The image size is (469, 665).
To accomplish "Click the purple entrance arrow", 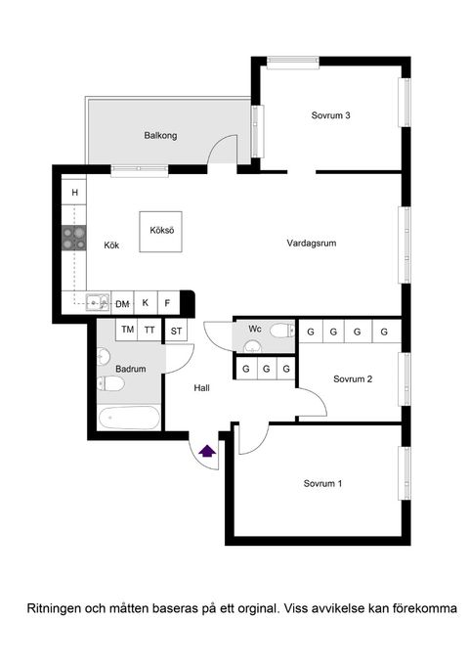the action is pos(207,451).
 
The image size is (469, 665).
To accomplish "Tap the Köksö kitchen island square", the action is pos(161,232).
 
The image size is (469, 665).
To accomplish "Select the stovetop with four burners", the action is pos(73,238).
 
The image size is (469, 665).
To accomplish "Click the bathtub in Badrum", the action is pos(129,418).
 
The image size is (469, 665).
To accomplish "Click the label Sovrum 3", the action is pos(330,115).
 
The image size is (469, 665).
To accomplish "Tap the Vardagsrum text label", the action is pos(312,243).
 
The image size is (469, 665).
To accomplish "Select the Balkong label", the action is pos(160,135).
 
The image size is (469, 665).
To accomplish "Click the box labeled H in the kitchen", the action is pos(74,192).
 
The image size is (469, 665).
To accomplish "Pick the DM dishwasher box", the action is pos(122,303).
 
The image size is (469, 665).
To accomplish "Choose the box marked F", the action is pos(169,303).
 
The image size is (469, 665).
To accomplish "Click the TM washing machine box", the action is pos(127,330).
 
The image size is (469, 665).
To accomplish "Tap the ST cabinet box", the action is pos(176,331).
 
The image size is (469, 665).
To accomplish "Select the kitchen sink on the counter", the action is pos(98,302).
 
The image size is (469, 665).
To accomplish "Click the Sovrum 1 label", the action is pos(322,483).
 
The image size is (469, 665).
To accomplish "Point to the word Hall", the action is pos(201,387).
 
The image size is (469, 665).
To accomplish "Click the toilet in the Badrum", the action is pos(110,383).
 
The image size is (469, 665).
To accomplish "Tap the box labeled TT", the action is pos(149,330).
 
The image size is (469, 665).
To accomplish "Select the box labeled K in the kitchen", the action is pos(146,303).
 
